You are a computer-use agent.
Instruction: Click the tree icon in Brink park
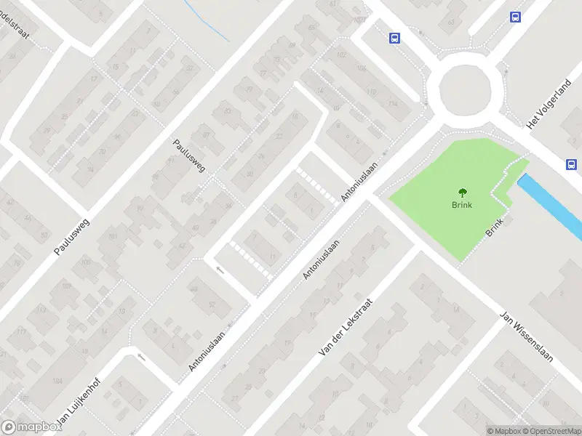click(462, 193)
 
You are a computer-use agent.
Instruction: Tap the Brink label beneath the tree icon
click(462, 205)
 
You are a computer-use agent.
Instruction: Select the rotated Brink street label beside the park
click(494, 228)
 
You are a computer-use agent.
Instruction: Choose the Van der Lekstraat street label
click(346, 327)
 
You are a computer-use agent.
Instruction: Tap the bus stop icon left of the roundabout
click(394, 39)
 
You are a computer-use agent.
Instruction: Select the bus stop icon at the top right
click(516, 17)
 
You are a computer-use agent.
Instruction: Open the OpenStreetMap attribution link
click(551, 431)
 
